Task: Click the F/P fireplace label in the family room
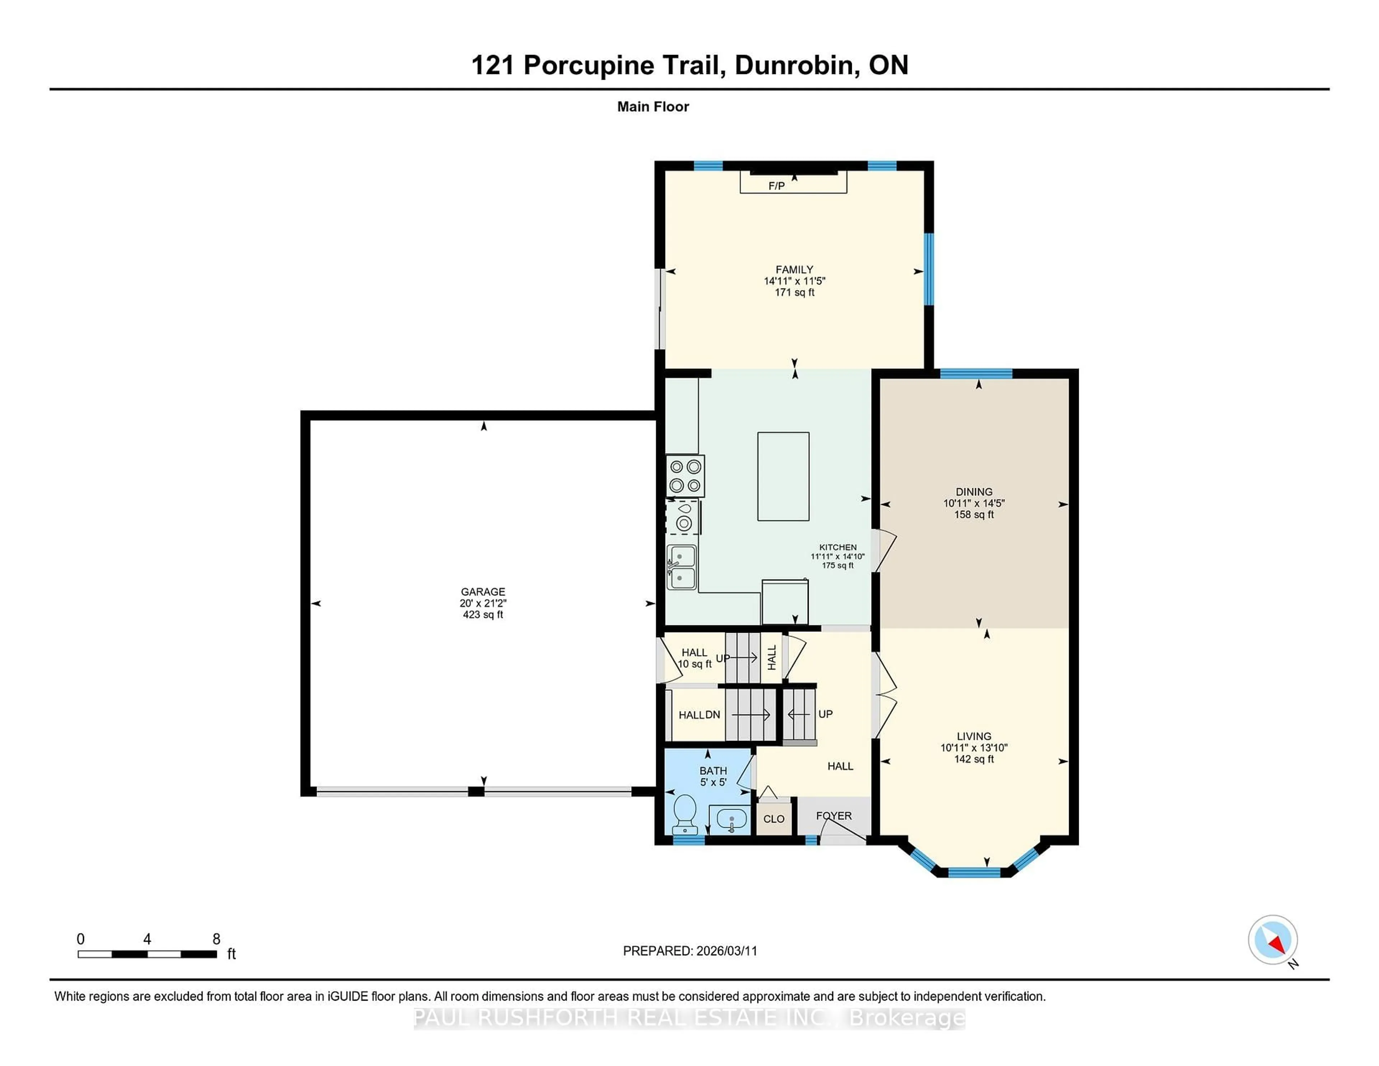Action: pyautogui.click(x=776, y=186)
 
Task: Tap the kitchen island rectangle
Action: pyautogui.click(x=783, y=476)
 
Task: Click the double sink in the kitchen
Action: pyautogui.click(x=682, y=567)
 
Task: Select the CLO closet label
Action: pyautogui.click(x=774, y=819)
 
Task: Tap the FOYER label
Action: pyautogui.click(x=834, y=816)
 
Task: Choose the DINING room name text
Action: pyautogui.click(x=974, y=491)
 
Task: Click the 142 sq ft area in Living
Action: pyautogui.click(x=974, y=759)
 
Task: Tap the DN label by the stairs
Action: pyautogui.click(x=713, y=715)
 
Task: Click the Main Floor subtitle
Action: pyautogui.click(x=653, y=107)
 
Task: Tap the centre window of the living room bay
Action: pyautogui.click(x=974, y=873)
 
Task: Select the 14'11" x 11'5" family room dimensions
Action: pyautogui.click(x=794, y=281)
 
